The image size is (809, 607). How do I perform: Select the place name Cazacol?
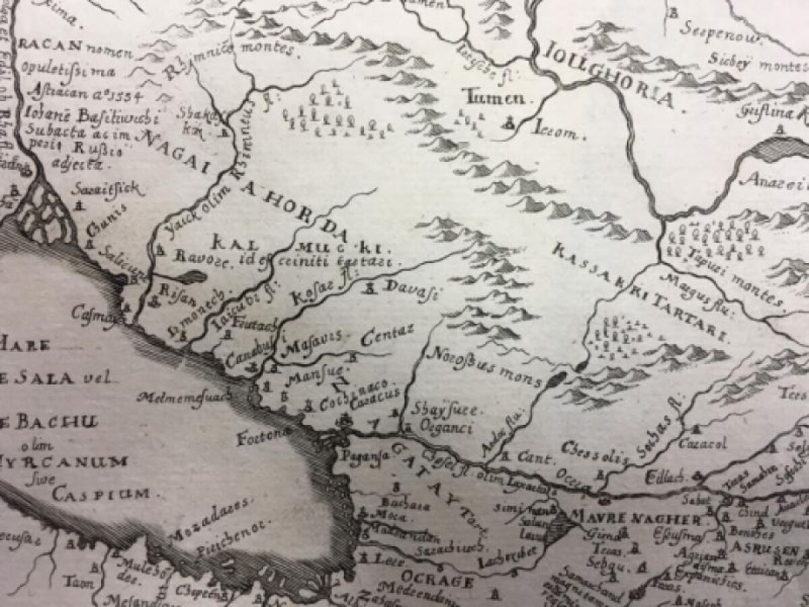pyautogui.click(x=703, y=444)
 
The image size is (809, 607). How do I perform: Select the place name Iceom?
pyautogui.click(x=557, y=132)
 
